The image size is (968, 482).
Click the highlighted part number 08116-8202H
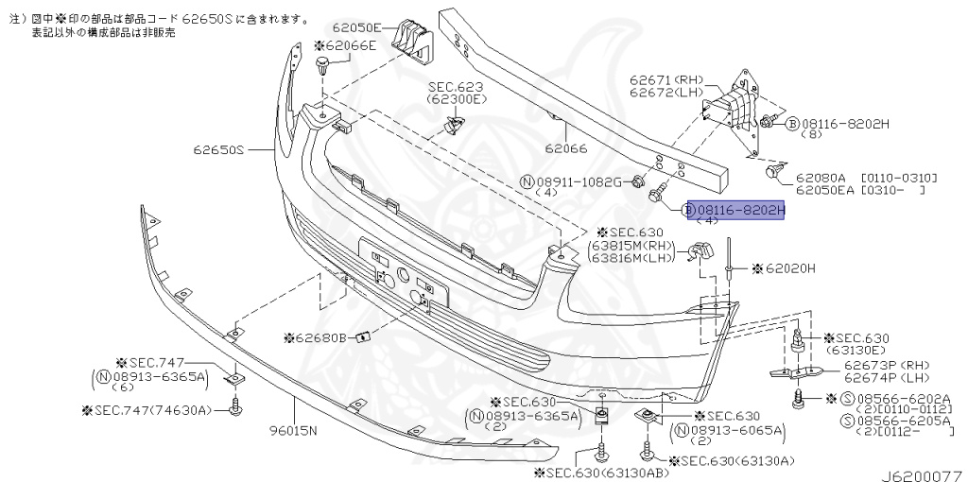tap(741, 209)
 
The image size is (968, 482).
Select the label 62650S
tap(220, 149)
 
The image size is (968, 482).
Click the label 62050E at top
tap(356, 27)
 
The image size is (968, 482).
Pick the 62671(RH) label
tap(661, 82)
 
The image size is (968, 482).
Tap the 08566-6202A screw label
tap(892, 400)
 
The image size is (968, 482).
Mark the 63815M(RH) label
tap(633, 245)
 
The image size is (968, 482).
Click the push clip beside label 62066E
tap(324, 66)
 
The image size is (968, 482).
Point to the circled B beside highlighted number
tap(689, 209)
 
